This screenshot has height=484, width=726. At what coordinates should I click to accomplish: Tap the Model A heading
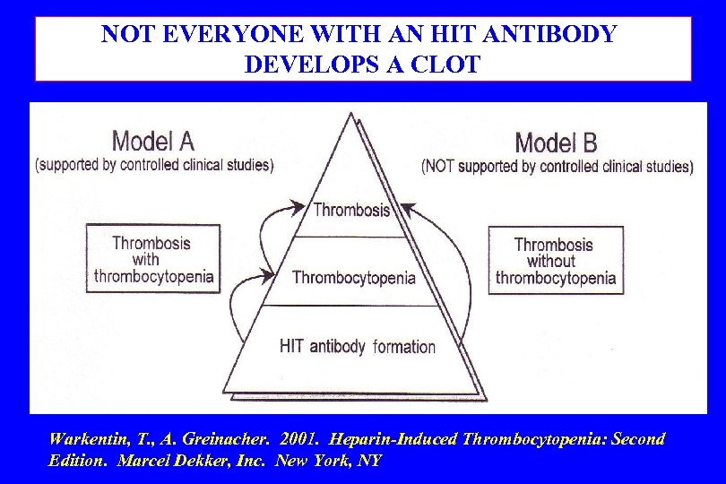click(x=152, y=141)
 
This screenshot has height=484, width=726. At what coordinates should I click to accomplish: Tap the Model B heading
click(x=556, y=142)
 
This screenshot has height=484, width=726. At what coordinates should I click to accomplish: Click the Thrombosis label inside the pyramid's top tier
click(x=351, y=210)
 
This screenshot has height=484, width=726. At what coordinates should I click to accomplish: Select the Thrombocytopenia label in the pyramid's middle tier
click(x=353, y=277)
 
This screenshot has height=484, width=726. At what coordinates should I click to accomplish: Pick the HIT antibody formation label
click(x=358, y=347)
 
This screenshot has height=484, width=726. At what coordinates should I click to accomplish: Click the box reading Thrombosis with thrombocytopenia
click(x=151, y=258)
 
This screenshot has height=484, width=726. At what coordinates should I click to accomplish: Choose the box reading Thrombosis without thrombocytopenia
click(x=556, y=260)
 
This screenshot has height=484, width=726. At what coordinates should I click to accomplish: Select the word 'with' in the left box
click(x=151, y=259)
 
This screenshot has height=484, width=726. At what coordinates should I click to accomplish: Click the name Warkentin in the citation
click(x=87, y=439)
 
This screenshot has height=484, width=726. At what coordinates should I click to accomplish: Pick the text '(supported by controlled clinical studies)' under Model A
click(x=154, y=165)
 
